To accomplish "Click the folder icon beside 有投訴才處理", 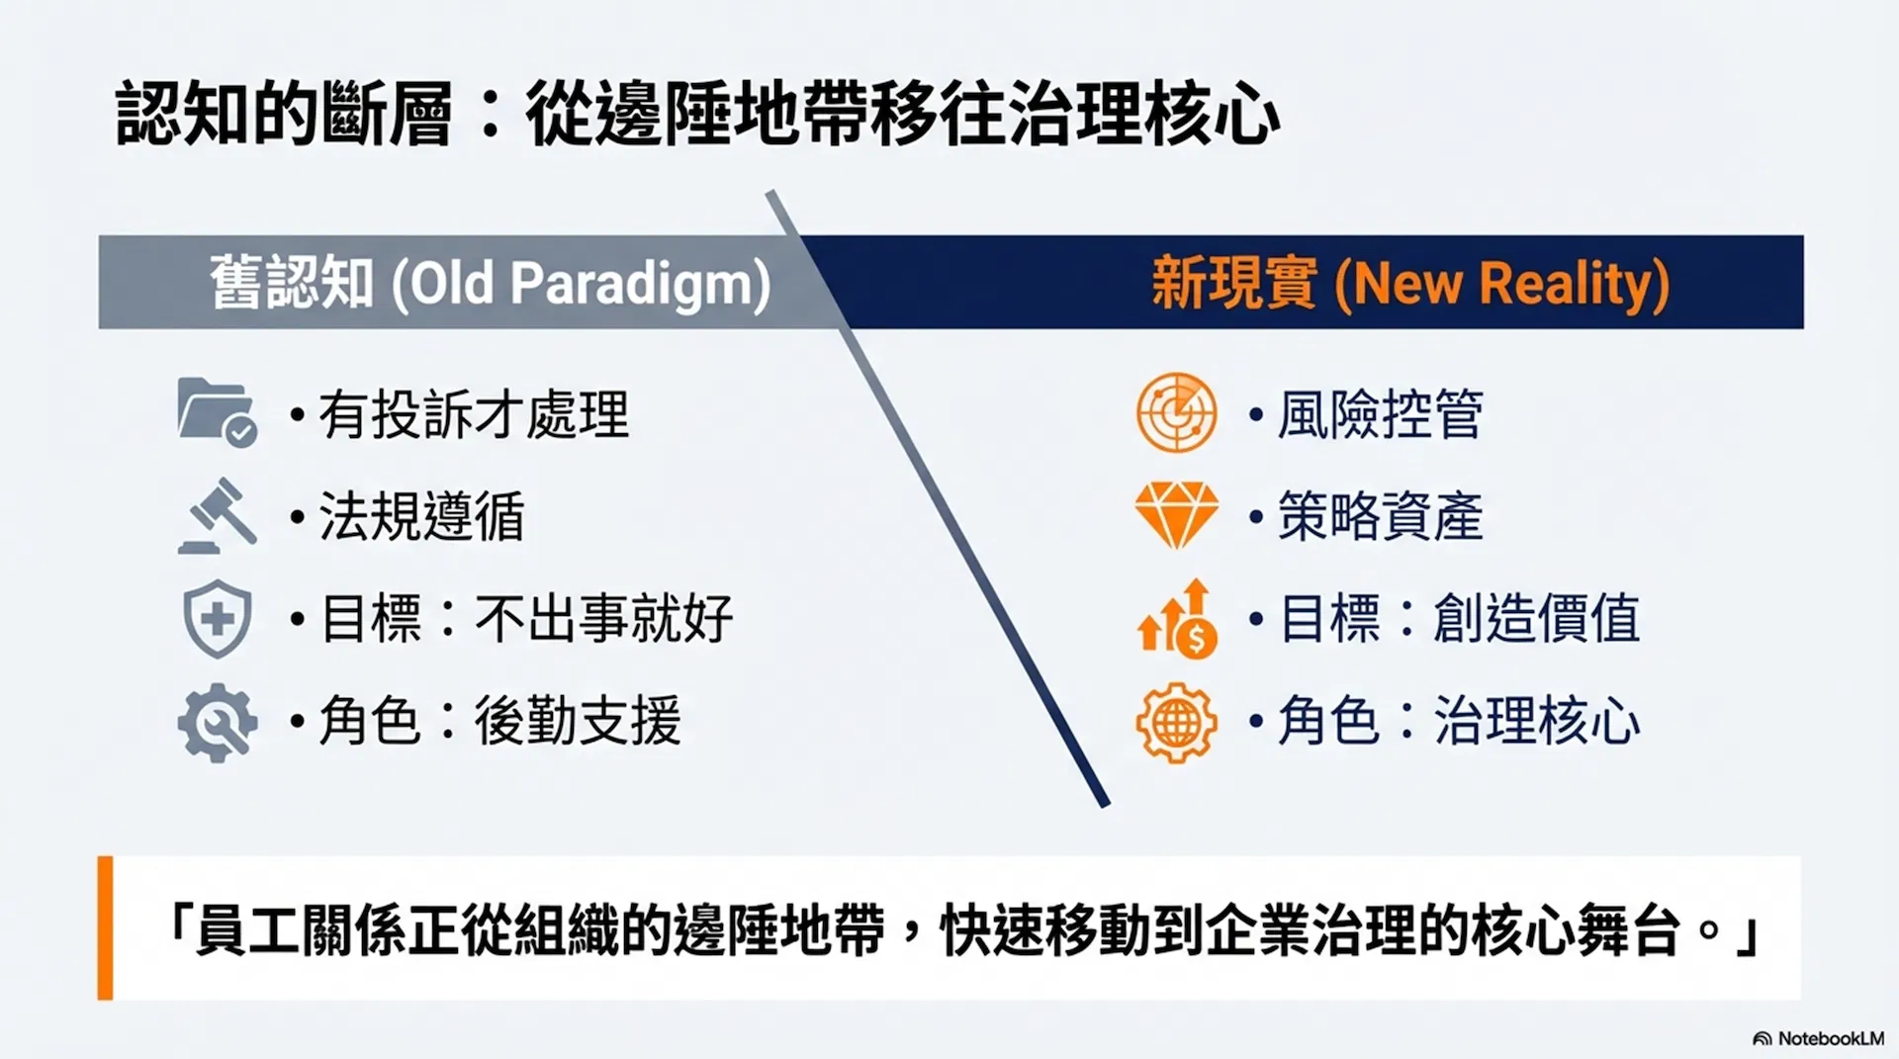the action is coord(217,412).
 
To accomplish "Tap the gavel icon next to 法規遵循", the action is coord(218,515).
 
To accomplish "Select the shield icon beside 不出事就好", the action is coord(218,619).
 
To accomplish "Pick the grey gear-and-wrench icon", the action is coord(218,723).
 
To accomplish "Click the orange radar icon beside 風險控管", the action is coord(1176,412).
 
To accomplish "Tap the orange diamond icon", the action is coord(1176,515).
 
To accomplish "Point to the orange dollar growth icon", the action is coord(1177,619).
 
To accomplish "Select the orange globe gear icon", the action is coord(1176,723).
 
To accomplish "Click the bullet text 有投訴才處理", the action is coord(473,414).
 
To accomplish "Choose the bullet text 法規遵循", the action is coord(421,516).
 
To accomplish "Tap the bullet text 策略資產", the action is coord(1381,516).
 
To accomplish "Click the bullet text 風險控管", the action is coord(1381,414).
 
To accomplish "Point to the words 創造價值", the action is coord(1536,619).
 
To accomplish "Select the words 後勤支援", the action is coord(578,721).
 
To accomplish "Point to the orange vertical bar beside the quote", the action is coord(105,927).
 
